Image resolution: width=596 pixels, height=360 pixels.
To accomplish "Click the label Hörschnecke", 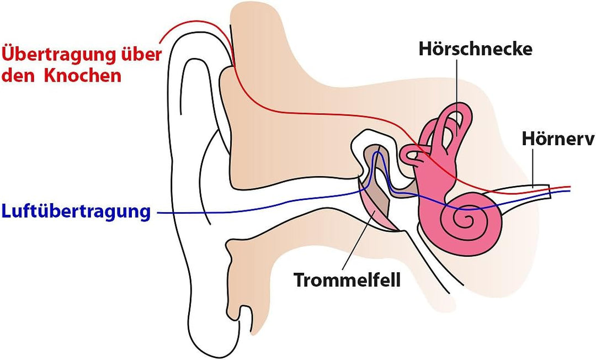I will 475,49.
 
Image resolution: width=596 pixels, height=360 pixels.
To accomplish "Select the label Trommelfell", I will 347,279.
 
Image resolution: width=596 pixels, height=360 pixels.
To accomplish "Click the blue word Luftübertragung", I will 76,211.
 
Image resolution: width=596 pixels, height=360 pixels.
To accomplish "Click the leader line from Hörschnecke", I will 457,83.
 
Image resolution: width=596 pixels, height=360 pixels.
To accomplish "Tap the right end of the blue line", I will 569,192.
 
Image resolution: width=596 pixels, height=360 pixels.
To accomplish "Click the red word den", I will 16,76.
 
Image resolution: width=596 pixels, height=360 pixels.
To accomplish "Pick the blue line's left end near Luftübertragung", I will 158,212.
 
